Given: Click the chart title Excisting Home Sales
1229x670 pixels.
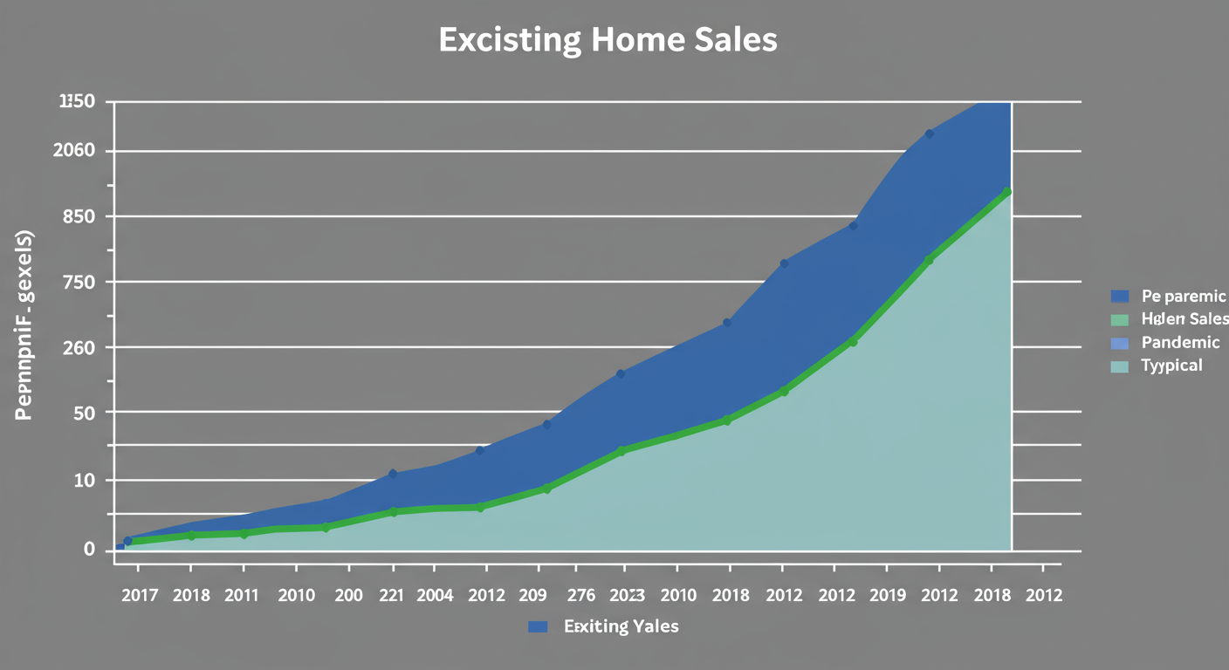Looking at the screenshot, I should click(x=608, y=41).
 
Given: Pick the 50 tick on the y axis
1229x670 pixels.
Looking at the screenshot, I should click(x=85, y=412).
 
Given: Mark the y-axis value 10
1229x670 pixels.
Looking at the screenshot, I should click(x=85, y=481).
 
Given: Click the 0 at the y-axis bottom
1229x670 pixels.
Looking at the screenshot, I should click(x=89, y=549).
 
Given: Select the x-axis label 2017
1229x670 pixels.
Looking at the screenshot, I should click(x=140, y=596).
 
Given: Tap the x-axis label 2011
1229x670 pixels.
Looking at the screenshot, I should click(x=242, y=596).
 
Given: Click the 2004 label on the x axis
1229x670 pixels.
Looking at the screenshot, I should click(x=436, y=596).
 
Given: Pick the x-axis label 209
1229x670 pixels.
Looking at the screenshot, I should click(x=532, y=596).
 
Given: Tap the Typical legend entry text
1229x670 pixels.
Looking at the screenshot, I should click(x=1171, y=366).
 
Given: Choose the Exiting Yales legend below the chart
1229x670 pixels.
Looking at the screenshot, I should click(x=621, y=626).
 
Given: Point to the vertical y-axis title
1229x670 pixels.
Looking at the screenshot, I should click(x=24, y=325).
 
